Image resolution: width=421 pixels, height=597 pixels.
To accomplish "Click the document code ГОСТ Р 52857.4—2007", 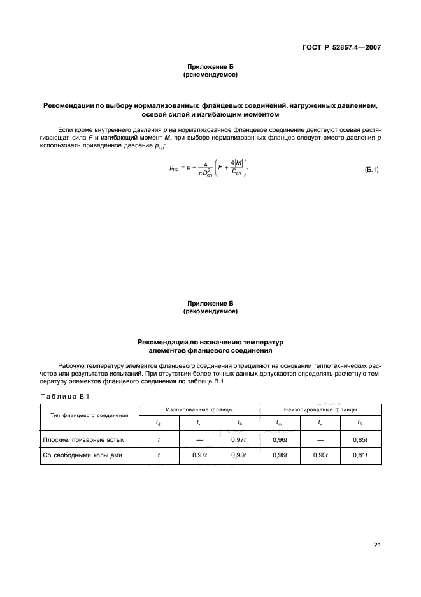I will tap(344, 47).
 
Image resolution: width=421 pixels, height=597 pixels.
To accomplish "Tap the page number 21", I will tap(376, 544).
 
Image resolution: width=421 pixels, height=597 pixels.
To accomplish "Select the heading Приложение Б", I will tap(210, 67).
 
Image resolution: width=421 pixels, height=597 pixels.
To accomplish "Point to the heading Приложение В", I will tap(210, 304).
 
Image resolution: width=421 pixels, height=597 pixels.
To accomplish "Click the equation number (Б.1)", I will tap(371, 170).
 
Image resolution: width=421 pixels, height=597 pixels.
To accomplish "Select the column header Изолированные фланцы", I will tap(199, 409).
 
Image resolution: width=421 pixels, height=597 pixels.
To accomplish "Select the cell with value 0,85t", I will tap(360, 439).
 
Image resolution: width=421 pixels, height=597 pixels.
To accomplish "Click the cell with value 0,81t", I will tap(360, 456).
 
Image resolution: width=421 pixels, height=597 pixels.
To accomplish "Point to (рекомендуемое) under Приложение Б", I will tap(210, 75).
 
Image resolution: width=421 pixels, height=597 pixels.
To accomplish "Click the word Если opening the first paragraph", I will tap(65, 129).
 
